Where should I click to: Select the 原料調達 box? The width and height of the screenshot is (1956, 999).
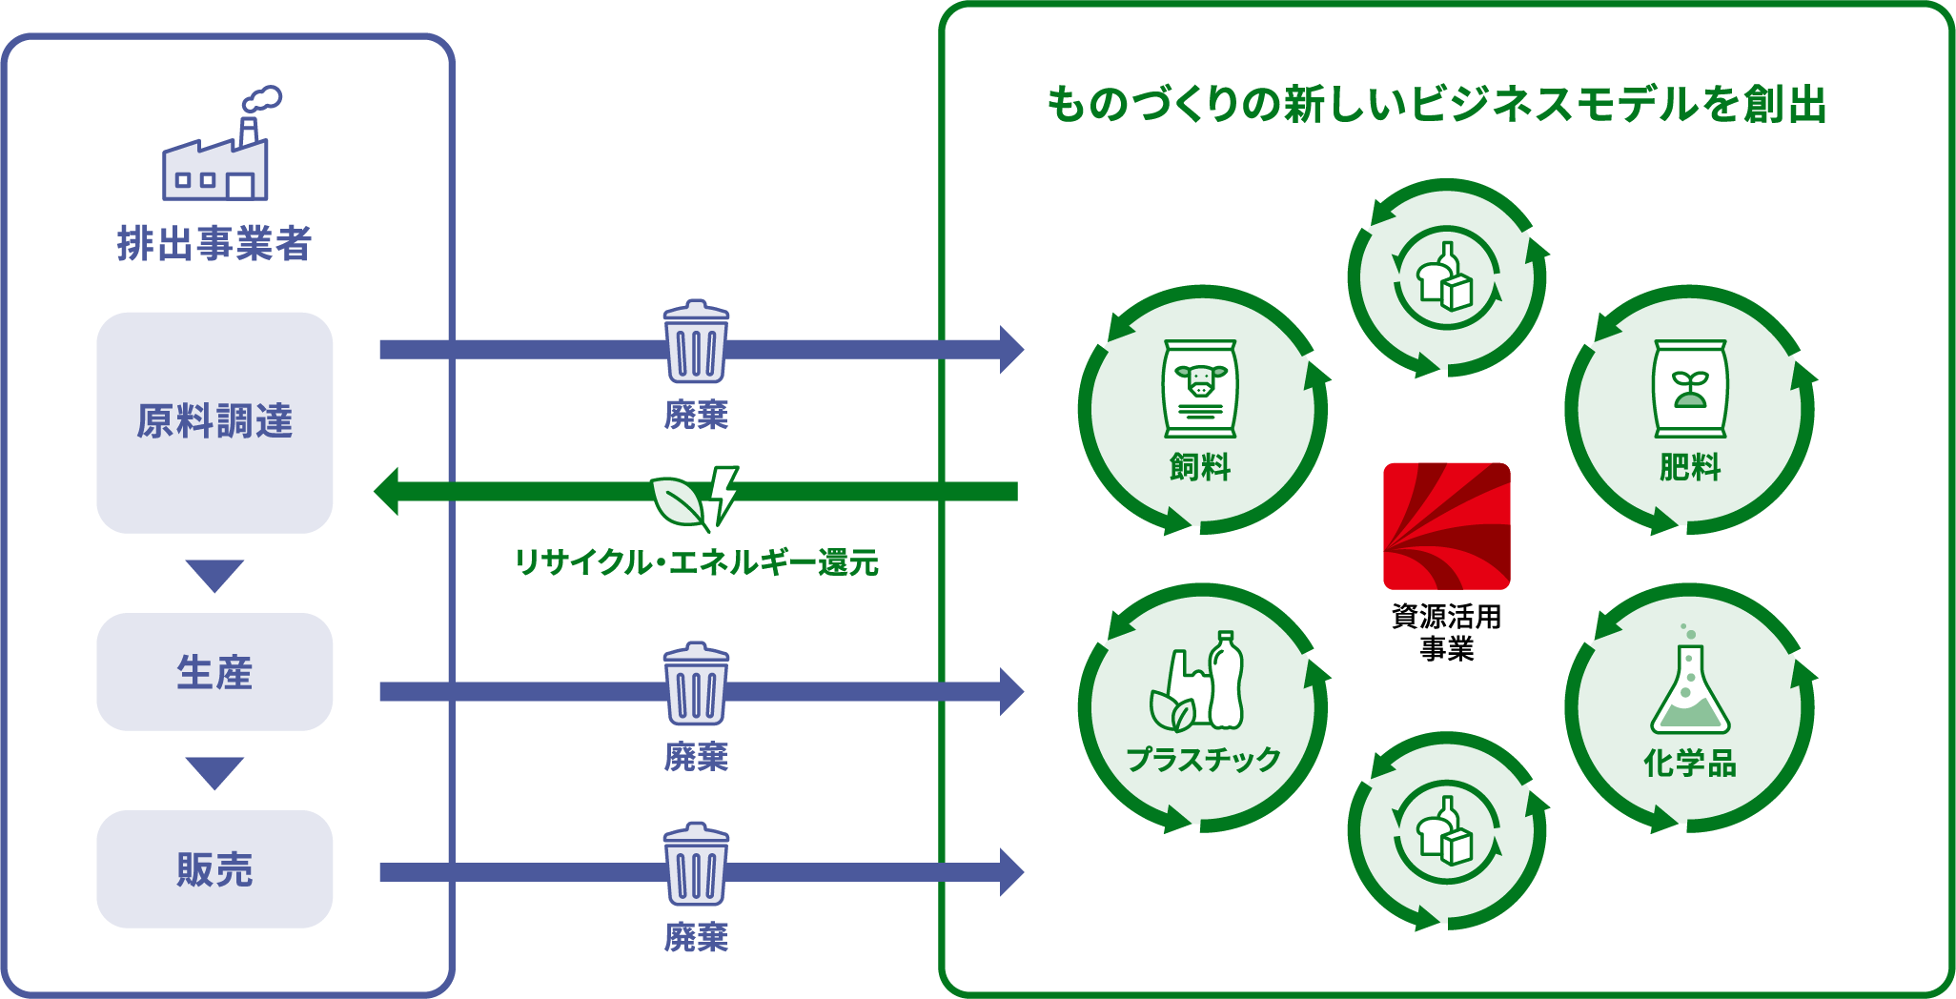click(x=214, y=421)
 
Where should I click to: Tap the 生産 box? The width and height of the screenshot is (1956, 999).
click(x=214, y=672)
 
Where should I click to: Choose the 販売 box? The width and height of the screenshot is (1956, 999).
click(x=214, y=869)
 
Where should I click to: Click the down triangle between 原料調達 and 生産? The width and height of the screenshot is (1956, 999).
click(x=214, y=575)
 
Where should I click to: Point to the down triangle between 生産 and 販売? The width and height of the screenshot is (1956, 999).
click(x=214, y=772)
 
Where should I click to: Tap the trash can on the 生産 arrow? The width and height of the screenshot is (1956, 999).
click(x=696, y=683)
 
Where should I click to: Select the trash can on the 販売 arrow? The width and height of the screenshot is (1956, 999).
click(x=696, y=864)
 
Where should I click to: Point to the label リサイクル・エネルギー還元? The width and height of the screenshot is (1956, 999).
click(x=696, y=562)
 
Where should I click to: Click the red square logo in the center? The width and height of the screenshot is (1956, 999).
click(x=1446, y=526)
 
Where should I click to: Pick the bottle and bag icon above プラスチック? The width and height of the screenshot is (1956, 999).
click(x=1198, y=682)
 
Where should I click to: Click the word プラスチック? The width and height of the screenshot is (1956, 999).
click(x=1203, y=760)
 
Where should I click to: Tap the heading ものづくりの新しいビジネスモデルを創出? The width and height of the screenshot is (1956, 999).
click(x=1436, y=105)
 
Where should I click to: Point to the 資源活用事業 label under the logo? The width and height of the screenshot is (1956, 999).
click(x=1446, y=632)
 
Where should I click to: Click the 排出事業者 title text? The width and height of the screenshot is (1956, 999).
click(x=214, y=243)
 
